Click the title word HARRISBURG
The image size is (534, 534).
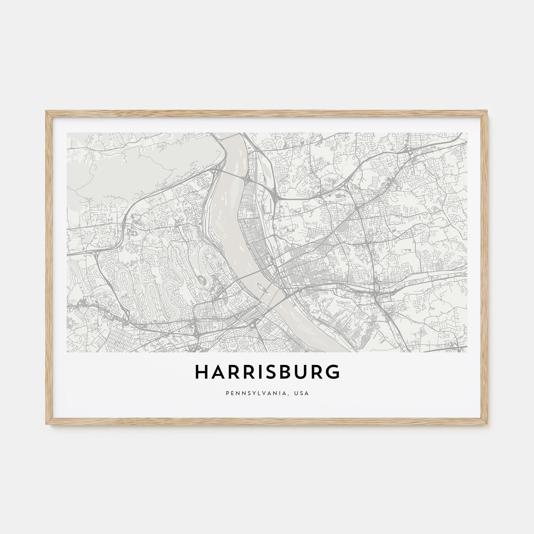tap(267, 372)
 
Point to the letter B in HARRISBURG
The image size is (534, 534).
tap(284, 372)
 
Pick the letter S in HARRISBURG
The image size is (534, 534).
tap(270, 372)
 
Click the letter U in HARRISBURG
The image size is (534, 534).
tap(300, 372)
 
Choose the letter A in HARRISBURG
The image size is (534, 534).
tap(217, 372)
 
